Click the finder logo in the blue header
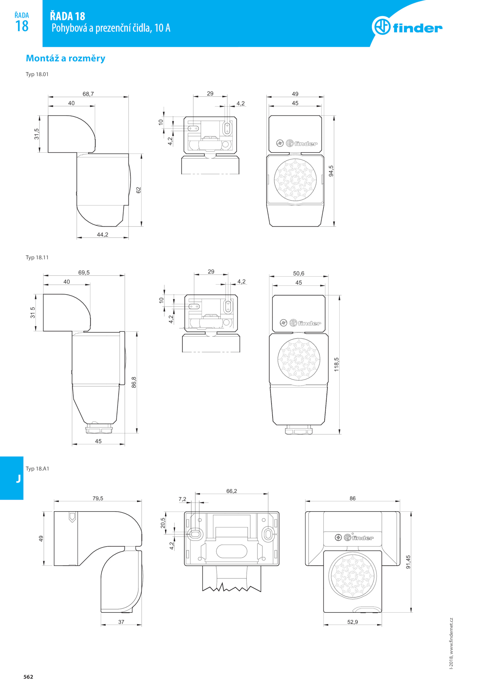[x=407, y=26]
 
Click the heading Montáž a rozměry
[x=65, y=58]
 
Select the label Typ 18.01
[x=37, y=74]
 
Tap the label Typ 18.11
[x=37, y=257]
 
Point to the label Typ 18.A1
[x=37, y=469]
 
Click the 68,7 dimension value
[x=88, y=94]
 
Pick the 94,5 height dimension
[x=331, y=171]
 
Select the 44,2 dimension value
[x=102, y=235]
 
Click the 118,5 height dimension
[x=336, y=364]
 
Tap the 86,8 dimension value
[x=134, y=382]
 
